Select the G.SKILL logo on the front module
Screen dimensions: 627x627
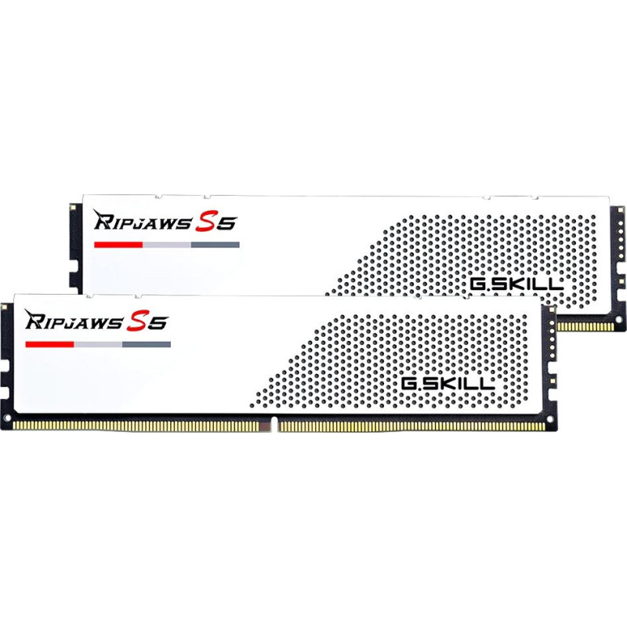pyautogui.click(x=448, y=384)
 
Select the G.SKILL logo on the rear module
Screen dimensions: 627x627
pyautogui.click(x=516, y=284)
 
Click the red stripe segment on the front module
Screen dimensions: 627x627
pyautogui.click(x=49, y=344)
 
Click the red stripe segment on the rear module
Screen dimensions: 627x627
pyautogui.click(x=118, y=245)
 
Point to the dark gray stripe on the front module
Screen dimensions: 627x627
pyautogui.click(x=147, y=344)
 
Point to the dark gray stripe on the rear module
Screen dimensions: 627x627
pyautogui.click(x=215, y=245)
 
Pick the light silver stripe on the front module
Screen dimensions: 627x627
pyautogui.click(x=98, y=344)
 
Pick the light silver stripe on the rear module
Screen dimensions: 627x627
pyautogui.click(x=167, y=245)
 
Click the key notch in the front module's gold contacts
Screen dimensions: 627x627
pyautogui.click(x=273, y=425)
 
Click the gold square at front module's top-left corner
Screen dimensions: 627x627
pyautogui.click(x=5, y=307)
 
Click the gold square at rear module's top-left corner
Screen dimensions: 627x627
pyautogui.click(x=73, y=207)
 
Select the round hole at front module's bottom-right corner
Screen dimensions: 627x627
pyautogui.click(x=549, y=419)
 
